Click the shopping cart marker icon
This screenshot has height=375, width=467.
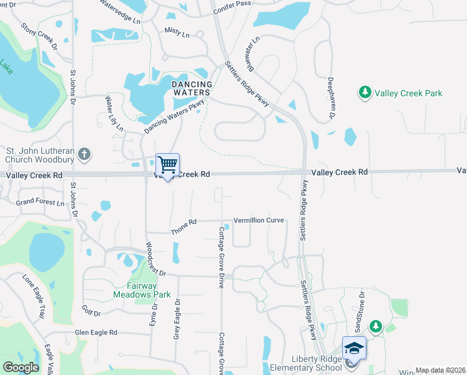(x=167, y=166)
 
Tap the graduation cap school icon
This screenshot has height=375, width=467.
(x=354, y=348)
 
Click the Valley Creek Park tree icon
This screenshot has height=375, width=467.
(x=365, y=93)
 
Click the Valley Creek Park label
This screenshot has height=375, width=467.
(x=408, y=93)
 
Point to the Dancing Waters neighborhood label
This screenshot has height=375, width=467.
(x=192, y=88)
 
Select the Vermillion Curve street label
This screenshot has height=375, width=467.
(x=258, y=221)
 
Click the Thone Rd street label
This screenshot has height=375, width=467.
(x=184, y=222)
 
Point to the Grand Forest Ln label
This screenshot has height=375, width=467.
(x=40, y=202)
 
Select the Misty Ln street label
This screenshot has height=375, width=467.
(x=177, y=32)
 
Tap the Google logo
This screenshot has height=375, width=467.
(x=21, y=367)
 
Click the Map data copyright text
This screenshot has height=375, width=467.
(x=440, y=370)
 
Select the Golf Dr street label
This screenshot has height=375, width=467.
(x=91, y=311)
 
